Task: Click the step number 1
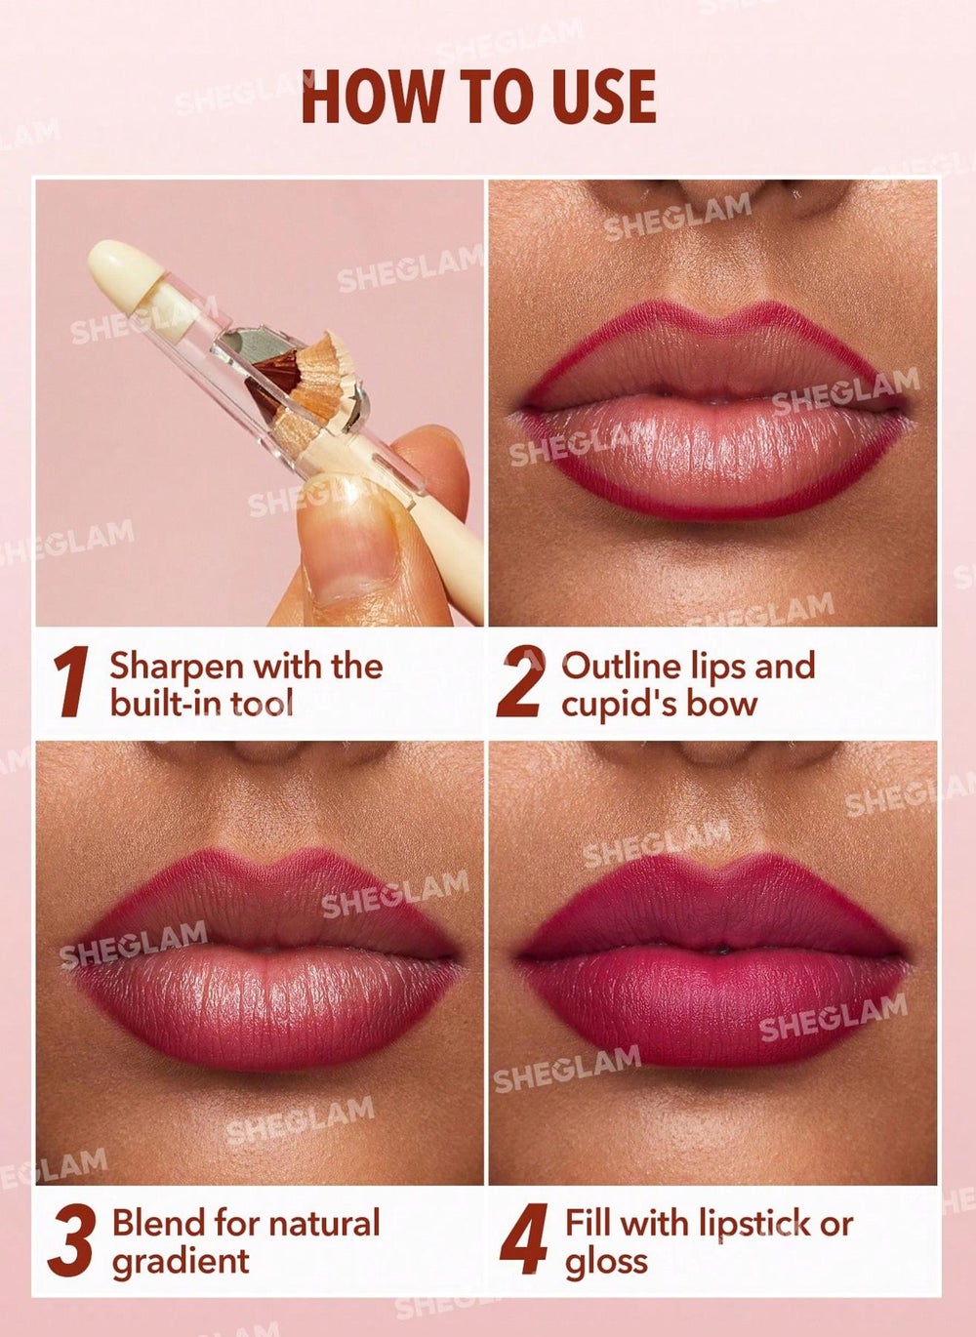click(x=70, y=683)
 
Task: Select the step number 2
click(x=518, y=683)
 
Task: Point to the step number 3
click(x=72, y=1240)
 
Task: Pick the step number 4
click(x=522, y=1240)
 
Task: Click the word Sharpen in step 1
click(x=177, y=667)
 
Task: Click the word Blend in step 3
click(x=158, y=1223)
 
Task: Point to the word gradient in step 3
click(x=181, y=1262)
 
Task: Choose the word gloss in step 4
click(x=605, y=1262)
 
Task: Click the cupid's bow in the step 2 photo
click(x=713, y=322)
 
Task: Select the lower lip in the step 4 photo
click(x=712, y=1005)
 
